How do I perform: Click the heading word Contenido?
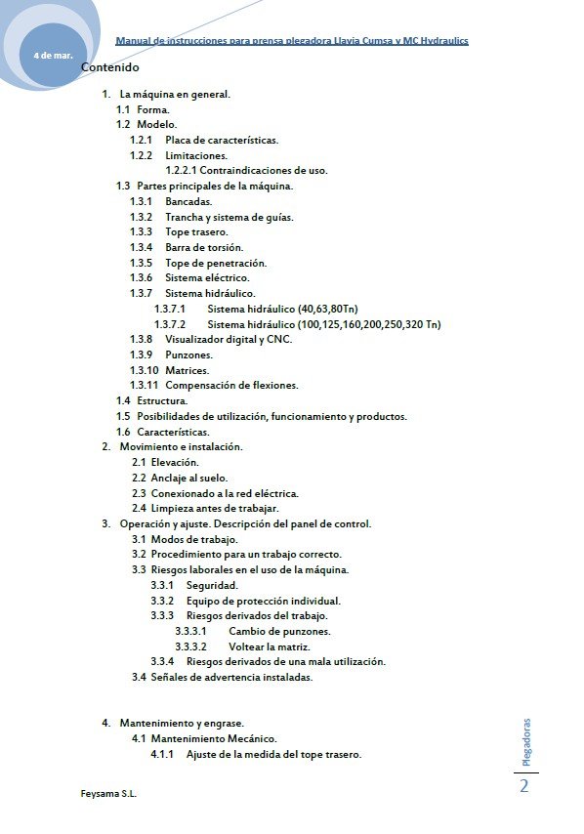[x=110, y=68]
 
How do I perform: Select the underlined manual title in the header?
[x=292, y=41]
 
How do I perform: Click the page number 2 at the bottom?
[x=524, y=786]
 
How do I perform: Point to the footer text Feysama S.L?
[x=108, y=794]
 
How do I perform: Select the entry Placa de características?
[x=222, y=141]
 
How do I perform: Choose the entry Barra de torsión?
[x=204, y=247]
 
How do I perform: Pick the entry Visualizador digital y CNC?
[x=229, y=339]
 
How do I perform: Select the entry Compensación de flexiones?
[x=231, y=385]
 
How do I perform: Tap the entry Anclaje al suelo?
[x=188, y=478]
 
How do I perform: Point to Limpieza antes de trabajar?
[x=215, y=508]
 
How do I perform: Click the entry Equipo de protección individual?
[x=263, y=601]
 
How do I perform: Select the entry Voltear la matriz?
[x=270, y=646]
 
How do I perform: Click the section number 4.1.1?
[x=162, y=754]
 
